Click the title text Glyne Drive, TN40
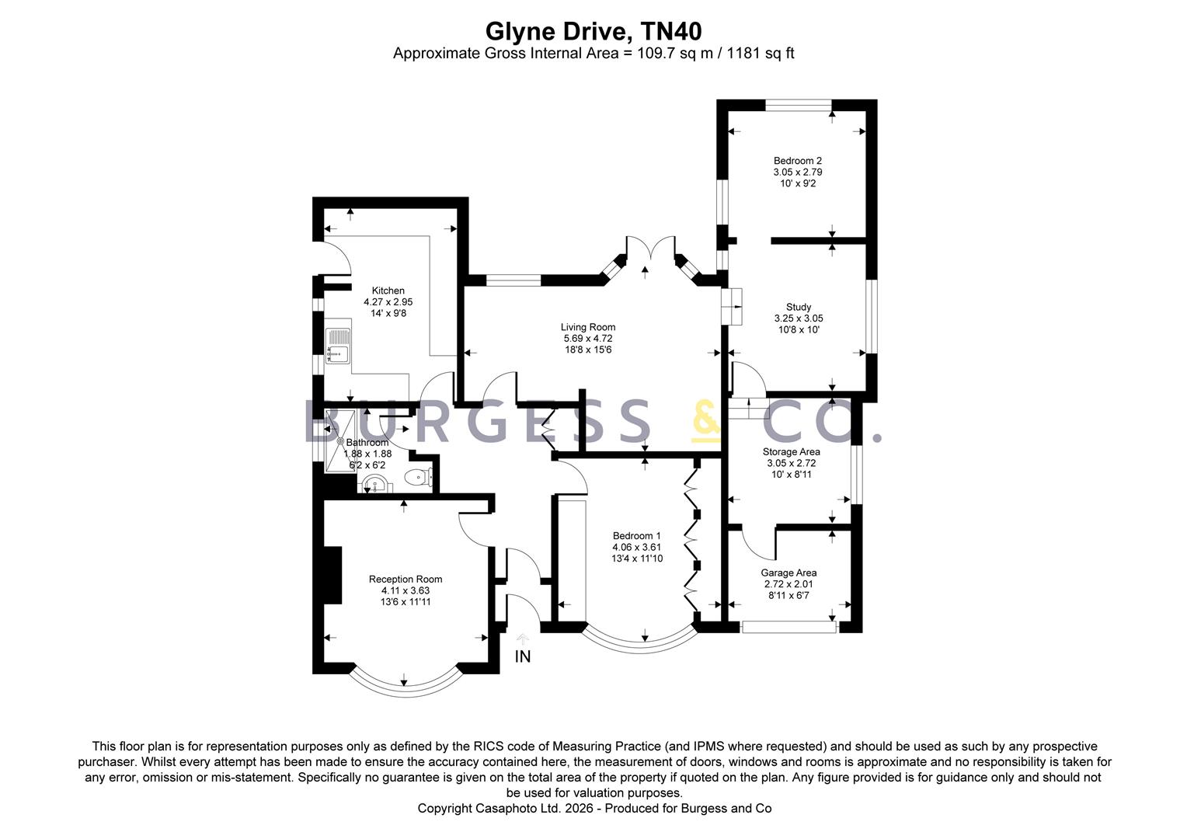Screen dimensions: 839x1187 593,31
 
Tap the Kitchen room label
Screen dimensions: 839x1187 388,291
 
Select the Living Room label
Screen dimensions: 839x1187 588,327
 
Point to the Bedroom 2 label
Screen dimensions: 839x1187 797,161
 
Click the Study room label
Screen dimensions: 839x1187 798,307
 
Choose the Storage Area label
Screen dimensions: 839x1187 791,451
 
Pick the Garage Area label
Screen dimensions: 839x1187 788,573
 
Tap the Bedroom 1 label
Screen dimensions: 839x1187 636,535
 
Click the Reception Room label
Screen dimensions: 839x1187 405,579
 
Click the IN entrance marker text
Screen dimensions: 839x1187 523,656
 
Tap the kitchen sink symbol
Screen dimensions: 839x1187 339,346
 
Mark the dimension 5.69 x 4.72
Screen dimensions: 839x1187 588,339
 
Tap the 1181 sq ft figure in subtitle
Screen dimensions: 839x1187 760,53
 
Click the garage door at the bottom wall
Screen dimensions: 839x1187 788,626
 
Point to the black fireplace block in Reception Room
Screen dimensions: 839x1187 332,575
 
